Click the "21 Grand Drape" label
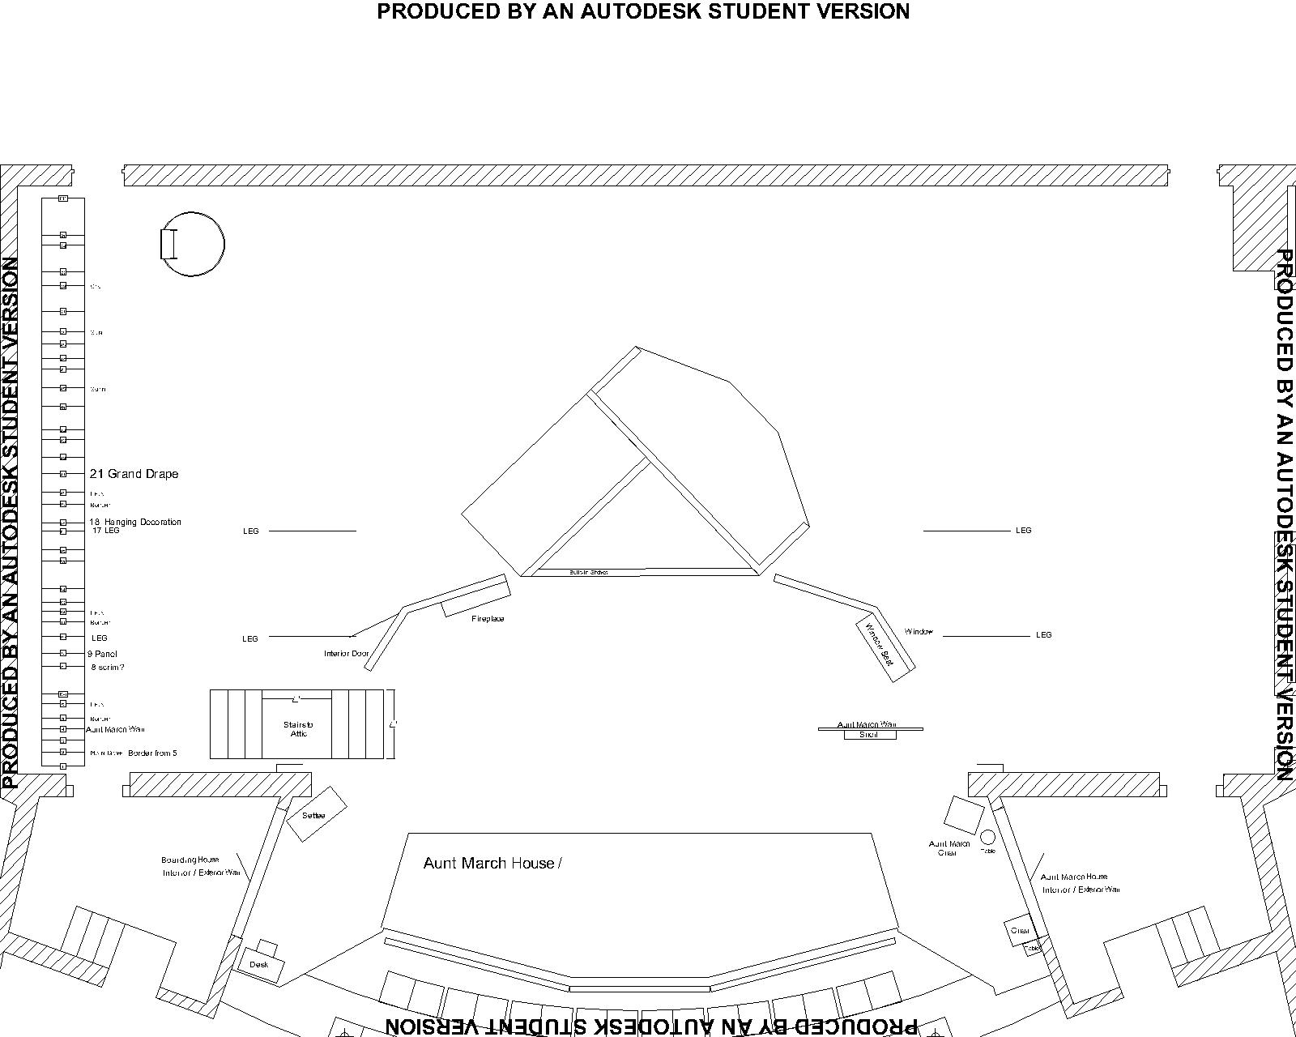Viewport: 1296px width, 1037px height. (x=134, y=474)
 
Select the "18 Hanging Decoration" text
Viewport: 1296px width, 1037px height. (x=135, y=522)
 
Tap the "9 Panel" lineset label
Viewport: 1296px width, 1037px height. (x=103, y=654)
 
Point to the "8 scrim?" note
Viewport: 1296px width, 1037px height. (x=108, y=668)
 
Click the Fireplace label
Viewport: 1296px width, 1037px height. (x=488, y=619)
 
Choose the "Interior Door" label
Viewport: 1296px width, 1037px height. (x=347, y=654)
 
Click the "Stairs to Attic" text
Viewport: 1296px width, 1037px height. (x=297, y=729)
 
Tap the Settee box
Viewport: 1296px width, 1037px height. (x=316, y=814)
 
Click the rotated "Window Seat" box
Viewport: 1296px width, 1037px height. (x=885, y=650)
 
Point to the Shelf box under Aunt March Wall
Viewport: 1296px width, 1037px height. (x=869, y=735)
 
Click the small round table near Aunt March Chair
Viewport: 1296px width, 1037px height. (x=987, y=837)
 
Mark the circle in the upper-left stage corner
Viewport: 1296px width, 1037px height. (x=193, y=244)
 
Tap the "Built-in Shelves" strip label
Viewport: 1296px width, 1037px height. (x=588, y=572)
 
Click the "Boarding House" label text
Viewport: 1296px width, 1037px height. (x=190, y=860)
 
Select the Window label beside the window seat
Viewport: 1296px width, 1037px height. (x=919, y=632)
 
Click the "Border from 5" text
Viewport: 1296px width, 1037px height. (x=152, y=753)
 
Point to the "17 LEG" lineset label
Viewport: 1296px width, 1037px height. (x=106, y=531)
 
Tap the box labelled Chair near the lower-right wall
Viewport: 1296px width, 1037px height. (x=1019, y=930)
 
